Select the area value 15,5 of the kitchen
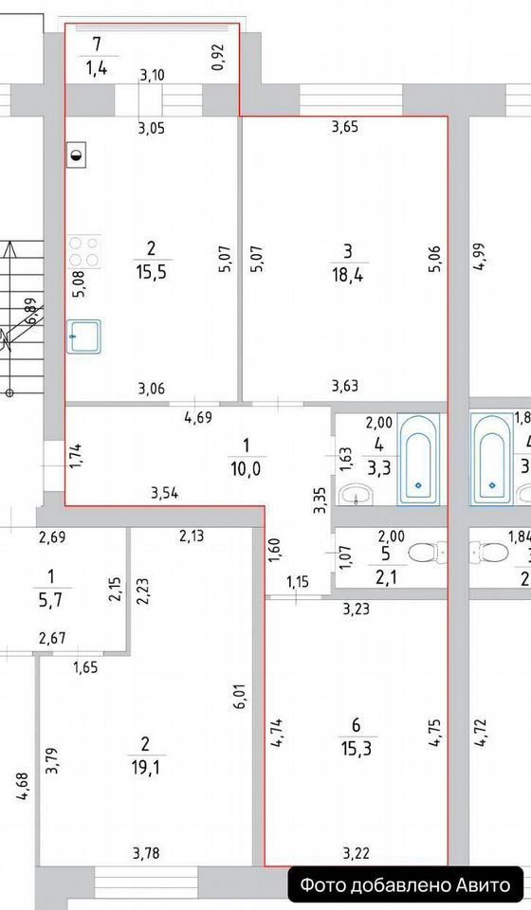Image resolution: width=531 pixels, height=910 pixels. point(152,272)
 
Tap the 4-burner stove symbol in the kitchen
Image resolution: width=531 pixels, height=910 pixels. point(84,252)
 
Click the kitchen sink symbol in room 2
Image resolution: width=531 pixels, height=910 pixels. point(84,337)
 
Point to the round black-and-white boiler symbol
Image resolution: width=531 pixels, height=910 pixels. point(77,155)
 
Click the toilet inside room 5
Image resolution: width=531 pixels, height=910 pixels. point(429,553)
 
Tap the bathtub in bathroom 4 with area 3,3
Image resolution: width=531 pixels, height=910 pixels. point(418,459)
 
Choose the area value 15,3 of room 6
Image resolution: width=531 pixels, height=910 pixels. point(357,749)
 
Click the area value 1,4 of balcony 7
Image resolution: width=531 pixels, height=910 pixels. point(98,69)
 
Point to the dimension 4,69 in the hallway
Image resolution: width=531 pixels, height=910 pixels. point(197,417)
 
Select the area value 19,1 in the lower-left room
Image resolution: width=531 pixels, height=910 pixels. point(145,768)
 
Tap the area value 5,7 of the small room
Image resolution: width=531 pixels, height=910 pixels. point(51,599)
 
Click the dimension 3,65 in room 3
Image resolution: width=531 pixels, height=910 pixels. point(345,127)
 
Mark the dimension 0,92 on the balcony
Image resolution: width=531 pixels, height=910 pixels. point(218,58)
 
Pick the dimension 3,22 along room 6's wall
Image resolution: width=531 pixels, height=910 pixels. point(357,853)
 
